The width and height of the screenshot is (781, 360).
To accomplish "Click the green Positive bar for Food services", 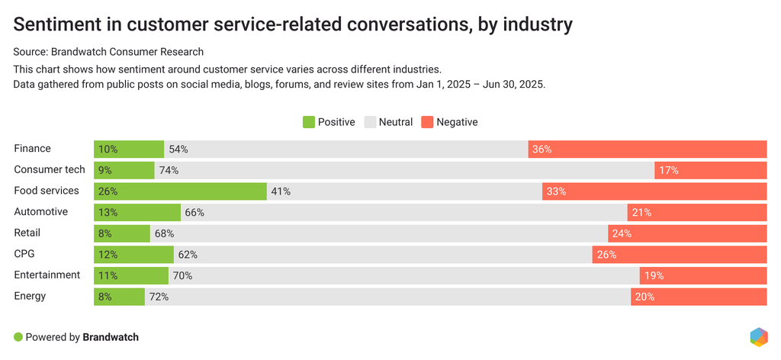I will point(180,191).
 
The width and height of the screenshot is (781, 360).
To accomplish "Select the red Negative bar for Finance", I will point(647,149).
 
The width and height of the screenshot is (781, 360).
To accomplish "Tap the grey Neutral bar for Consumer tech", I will point(404,170).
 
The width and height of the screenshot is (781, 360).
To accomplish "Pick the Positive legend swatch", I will point(309,122).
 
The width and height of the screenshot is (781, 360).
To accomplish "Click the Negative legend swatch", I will point(427,122).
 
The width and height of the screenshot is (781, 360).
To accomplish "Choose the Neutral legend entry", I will point(389,122).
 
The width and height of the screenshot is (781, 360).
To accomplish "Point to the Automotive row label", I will point(41,212).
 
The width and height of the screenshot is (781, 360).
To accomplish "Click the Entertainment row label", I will point(47,275).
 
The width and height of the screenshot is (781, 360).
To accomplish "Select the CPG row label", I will point(25,254).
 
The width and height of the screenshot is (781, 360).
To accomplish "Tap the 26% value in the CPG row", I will point(606,255).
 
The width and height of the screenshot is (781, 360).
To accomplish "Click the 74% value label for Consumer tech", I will point(169,171).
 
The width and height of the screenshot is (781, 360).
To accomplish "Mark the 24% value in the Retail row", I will point(622,233).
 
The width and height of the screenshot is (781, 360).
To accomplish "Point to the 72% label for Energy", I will point(159,297).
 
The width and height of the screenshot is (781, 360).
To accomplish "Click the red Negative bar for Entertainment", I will point(702,275).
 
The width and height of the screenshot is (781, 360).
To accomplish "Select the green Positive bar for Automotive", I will point(137,212).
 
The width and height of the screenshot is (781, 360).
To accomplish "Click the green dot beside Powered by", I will point(18,336).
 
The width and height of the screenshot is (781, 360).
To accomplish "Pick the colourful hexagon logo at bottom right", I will point(758,336).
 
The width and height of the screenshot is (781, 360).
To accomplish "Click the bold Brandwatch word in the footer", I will point(111,336).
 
